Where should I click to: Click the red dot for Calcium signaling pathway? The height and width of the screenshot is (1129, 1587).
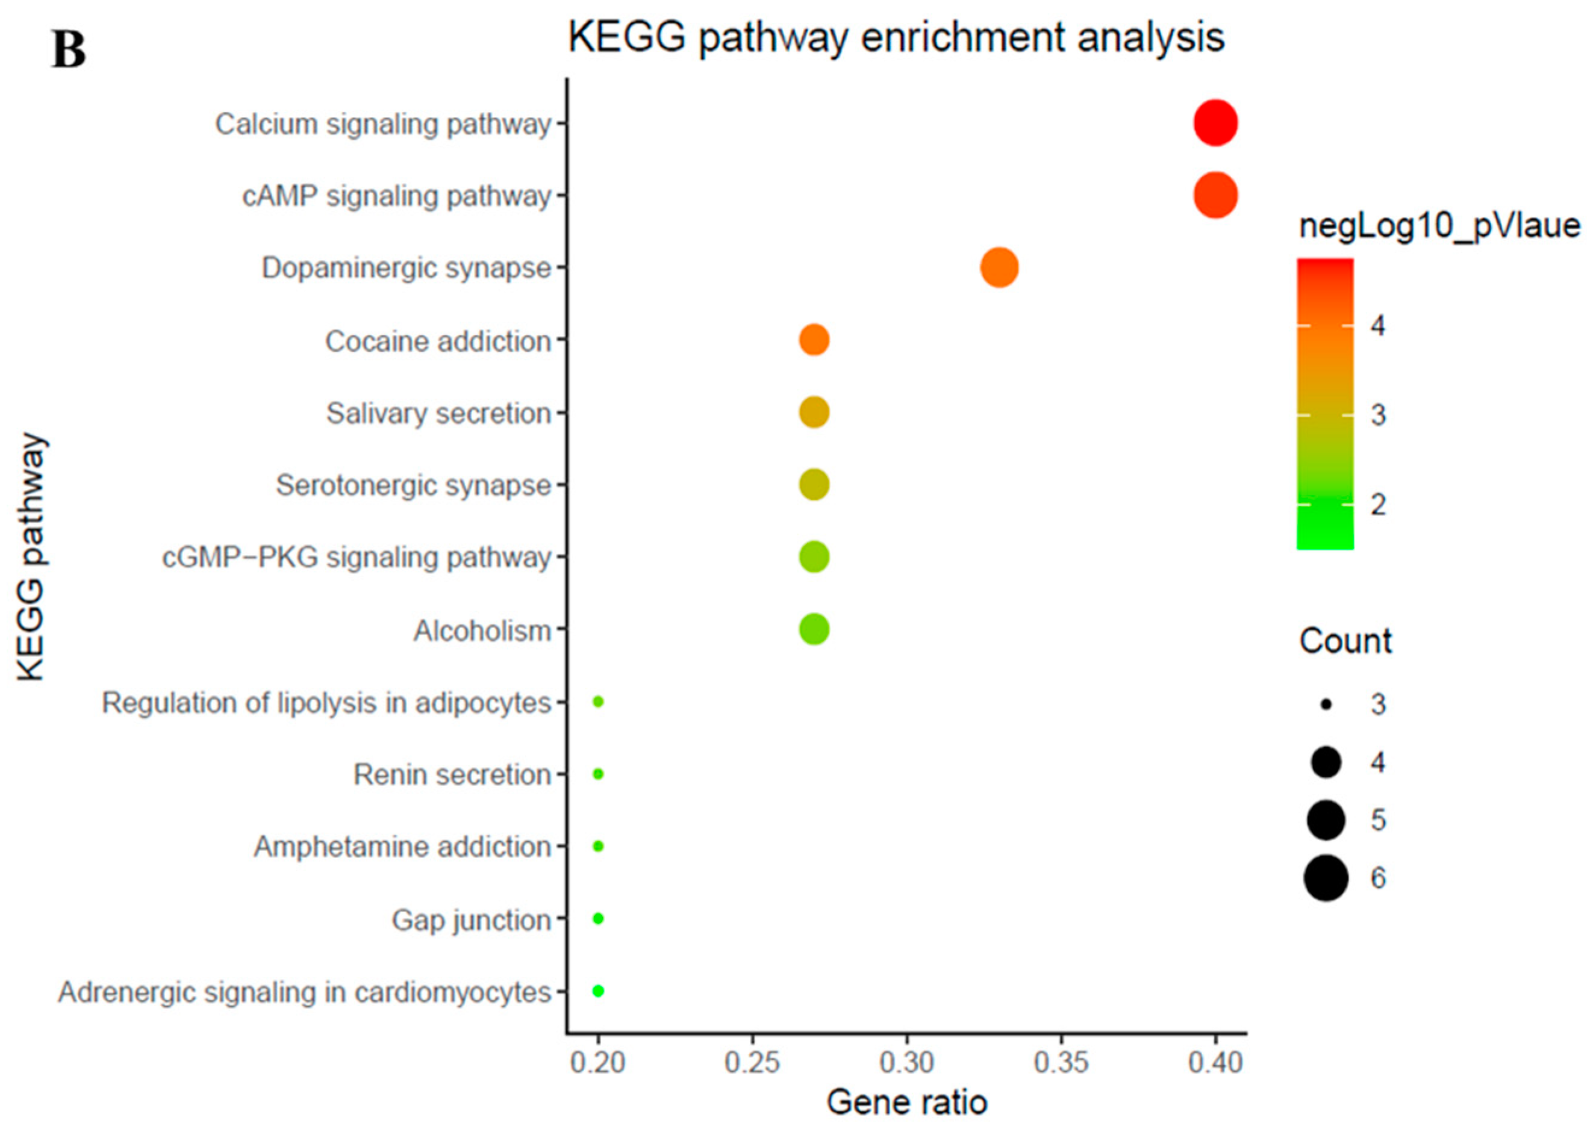(x=1215, y=123)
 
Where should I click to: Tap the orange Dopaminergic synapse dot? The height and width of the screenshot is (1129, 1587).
(x=999, y=268)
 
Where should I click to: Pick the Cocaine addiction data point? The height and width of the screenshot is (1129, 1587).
(x=814, y=340)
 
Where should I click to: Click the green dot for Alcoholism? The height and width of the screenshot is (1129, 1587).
(x=814, y=629)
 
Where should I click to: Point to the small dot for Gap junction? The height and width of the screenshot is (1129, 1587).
(x=597, y=918)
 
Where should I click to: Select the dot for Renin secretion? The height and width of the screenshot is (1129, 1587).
(x=597, y=774)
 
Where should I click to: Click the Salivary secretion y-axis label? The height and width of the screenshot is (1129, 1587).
(x=438, y=414)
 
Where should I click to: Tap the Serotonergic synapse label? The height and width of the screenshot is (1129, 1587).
(x=413, y=485)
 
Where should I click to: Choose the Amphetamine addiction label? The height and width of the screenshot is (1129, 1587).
(x=402, y=847)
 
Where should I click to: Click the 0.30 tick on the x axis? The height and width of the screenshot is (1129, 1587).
(x=906, y=1063)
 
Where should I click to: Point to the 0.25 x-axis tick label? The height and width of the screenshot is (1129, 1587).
(x=752, y=1063)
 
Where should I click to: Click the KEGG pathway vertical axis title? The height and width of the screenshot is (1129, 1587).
(x=31, y=556)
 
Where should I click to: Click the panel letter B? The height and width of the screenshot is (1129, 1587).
(x=69, y=51)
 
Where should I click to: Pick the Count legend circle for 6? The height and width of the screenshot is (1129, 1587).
(x=1326, y=879)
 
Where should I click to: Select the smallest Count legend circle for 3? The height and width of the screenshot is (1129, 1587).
(x=1326, y=705)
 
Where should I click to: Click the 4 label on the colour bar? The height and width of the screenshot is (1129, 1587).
(x=1377, y=325)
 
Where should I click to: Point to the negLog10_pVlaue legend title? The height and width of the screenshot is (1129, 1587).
(x=1439, y=226)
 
